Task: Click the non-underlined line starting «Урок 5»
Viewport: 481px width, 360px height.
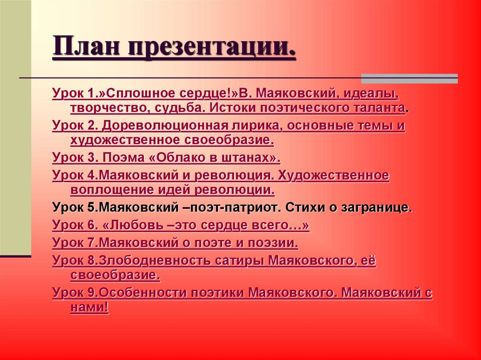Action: pos(232,207)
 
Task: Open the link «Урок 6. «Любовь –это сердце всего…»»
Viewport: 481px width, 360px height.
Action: pos(181,225)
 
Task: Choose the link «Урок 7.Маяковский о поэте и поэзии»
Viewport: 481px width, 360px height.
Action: pos(175,243)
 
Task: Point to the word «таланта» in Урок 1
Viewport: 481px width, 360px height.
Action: pos(381,108)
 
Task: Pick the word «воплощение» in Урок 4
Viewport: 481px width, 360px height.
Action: pos(112,190)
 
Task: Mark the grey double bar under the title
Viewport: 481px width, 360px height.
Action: pos(409,78)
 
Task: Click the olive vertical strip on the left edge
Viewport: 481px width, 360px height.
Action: pos(16,127)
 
